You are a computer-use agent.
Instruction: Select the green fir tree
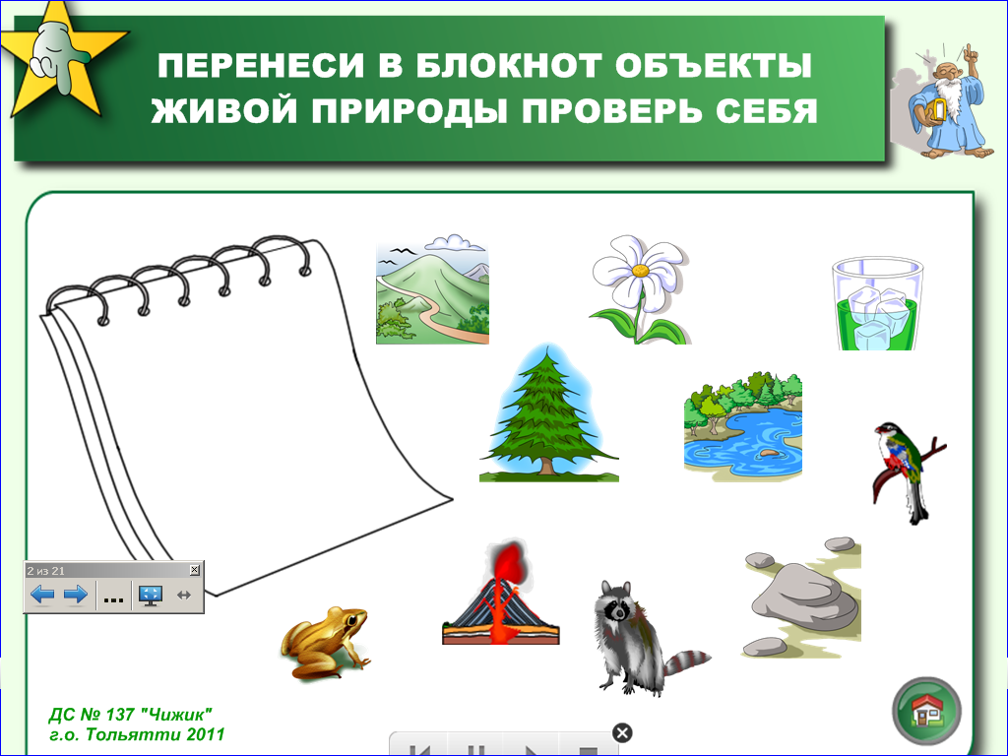[x=548, y=413]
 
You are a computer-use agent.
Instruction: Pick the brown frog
[x=325, y=643]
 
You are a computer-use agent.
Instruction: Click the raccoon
[x=643, y=637]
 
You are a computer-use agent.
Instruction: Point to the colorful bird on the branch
[x=907, y=471]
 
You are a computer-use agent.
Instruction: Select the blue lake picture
[x=743, y=426]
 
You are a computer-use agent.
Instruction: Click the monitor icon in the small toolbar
[x=151, y=596]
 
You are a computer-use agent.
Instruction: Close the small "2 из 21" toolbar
[x=195, y=570]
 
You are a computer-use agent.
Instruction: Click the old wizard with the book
[x=945, y=102]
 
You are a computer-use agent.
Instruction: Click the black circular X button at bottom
[x=622, y=732]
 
